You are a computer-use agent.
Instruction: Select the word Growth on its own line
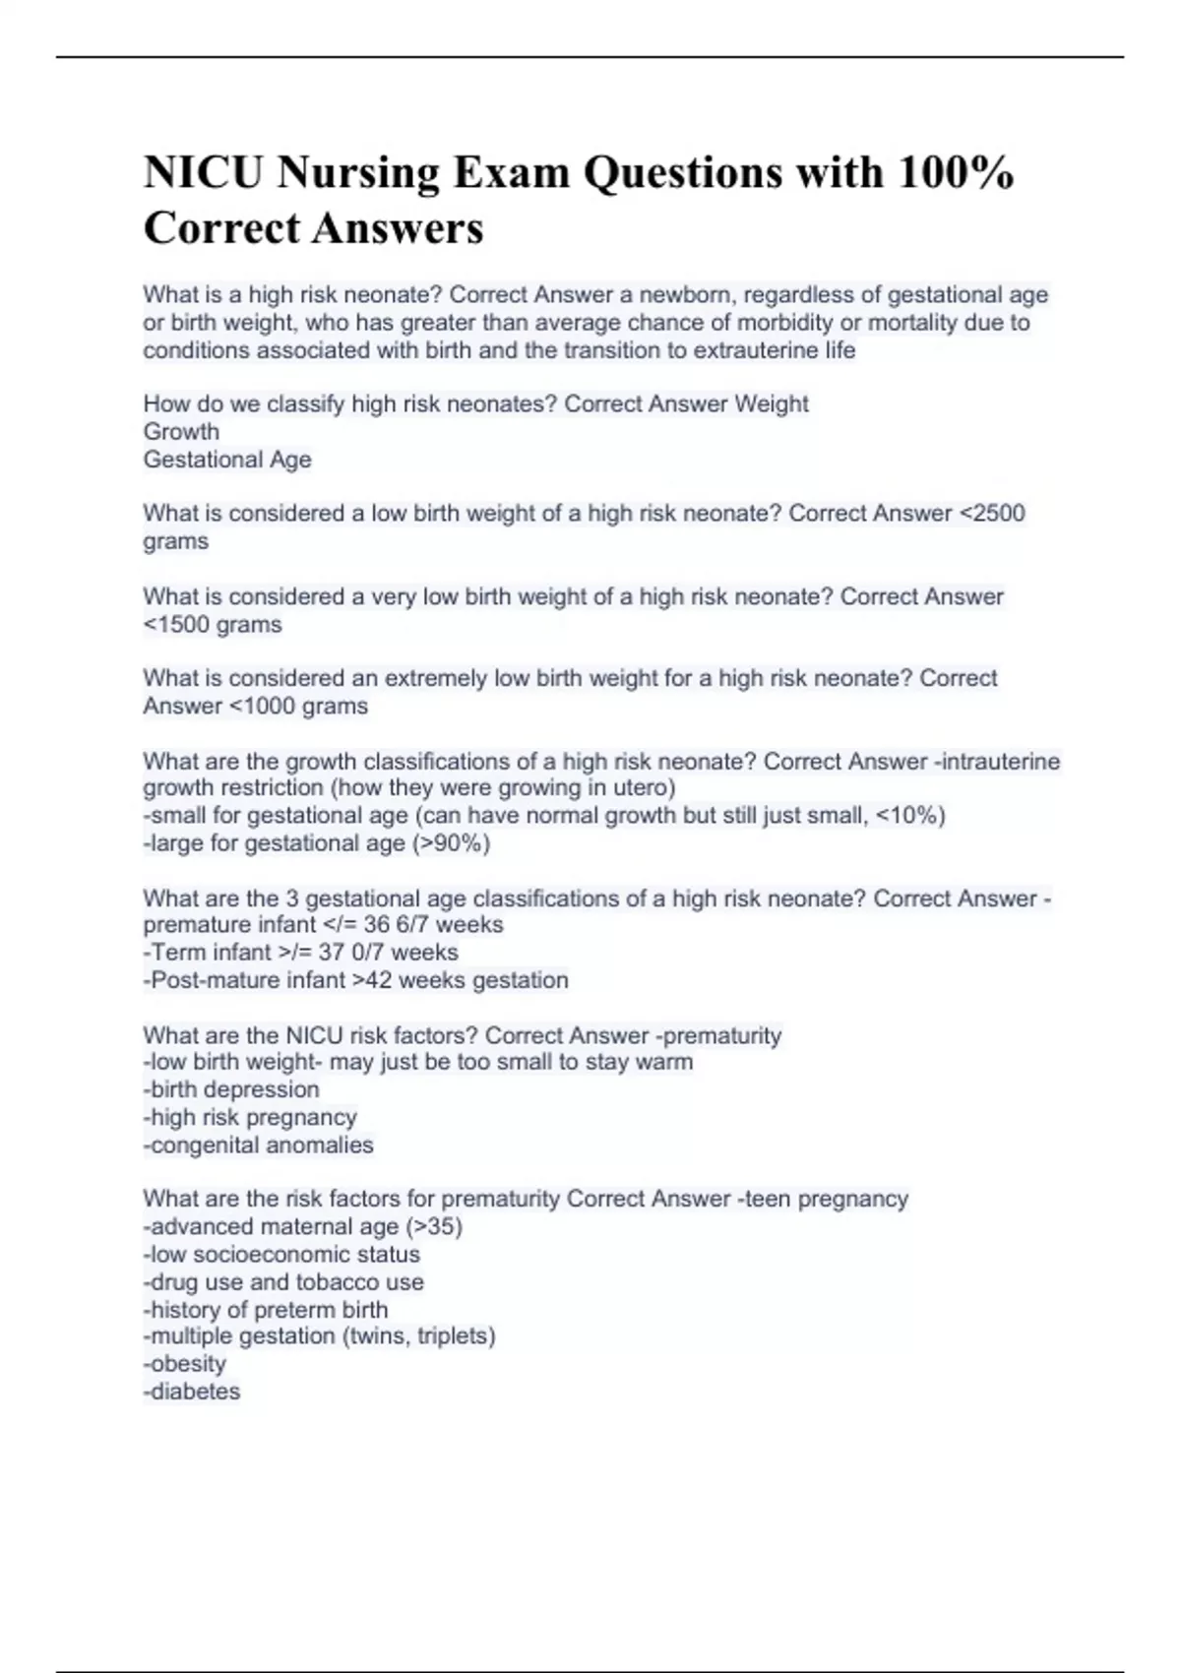coord(181,432)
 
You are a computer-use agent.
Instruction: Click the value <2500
coord(992,514)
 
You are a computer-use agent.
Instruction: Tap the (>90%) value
coord(452,843)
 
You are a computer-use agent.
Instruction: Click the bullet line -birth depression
coord(231,1089)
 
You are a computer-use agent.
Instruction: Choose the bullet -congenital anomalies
coord(258,1146)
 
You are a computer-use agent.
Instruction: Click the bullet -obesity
coord(185,1364)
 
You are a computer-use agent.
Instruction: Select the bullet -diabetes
coord(192,1392)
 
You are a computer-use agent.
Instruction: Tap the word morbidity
coord(785,323)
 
